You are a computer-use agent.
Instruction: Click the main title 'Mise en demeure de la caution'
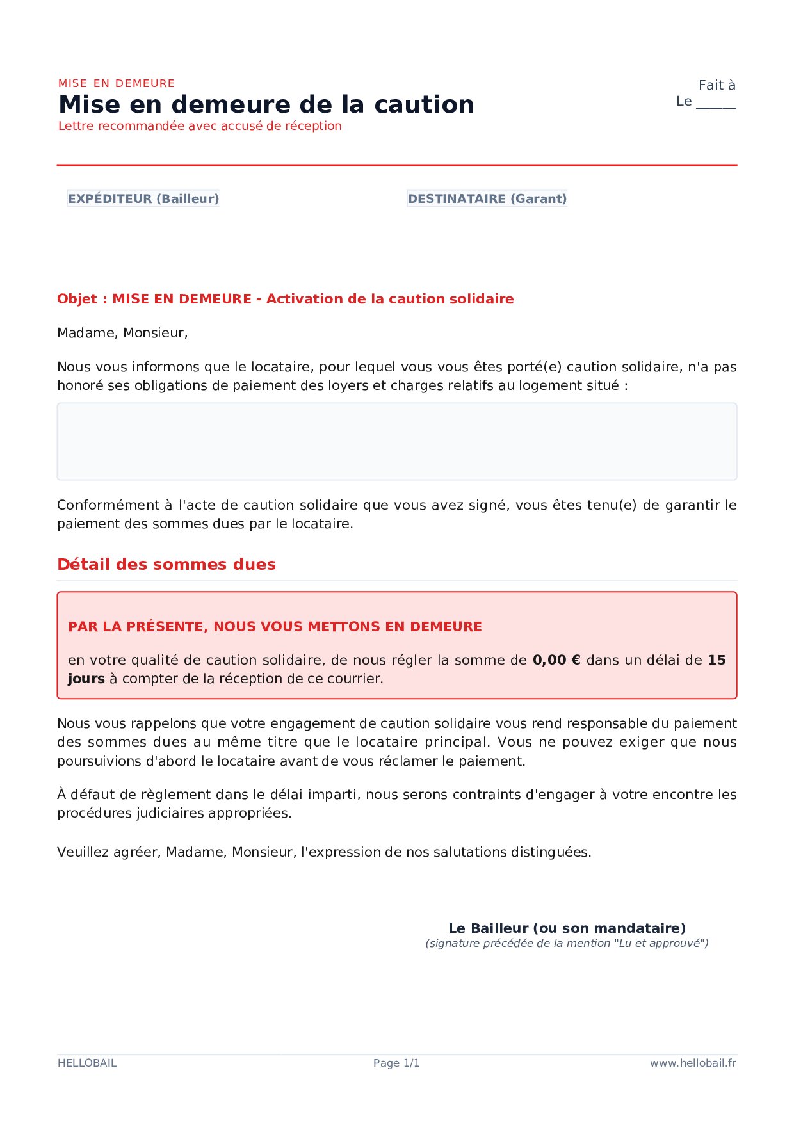point(266,104)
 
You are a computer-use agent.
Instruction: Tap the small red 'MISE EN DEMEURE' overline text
point(117,83)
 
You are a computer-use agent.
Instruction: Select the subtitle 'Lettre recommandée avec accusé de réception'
point(200,126)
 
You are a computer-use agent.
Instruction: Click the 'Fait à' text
point(717,85)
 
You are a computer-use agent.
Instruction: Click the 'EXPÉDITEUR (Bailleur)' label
point(143,198)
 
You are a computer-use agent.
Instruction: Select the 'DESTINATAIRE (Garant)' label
point(487,198)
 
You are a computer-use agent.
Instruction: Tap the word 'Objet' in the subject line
point(77,299)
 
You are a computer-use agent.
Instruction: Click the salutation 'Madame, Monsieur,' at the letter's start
point(122,333)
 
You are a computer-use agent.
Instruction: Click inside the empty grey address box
point(396,441)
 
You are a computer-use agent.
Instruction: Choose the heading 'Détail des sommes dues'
point(166,564)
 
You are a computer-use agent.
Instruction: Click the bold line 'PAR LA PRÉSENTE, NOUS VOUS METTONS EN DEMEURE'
point(275,627)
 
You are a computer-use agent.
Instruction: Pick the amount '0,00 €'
point(556,660)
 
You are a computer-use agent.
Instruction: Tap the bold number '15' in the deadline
point(717,660)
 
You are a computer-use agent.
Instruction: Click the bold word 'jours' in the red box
point(86,679)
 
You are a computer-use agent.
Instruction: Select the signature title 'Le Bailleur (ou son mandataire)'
point(567,928)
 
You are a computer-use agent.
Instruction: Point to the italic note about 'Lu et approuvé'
point(567,943)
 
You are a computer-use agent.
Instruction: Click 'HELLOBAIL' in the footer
point(87,1063)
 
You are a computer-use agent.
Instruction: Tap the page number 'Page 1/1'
point(396,1063)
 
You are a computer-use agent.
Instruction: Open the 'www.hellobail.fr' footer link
point(693,1063)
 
